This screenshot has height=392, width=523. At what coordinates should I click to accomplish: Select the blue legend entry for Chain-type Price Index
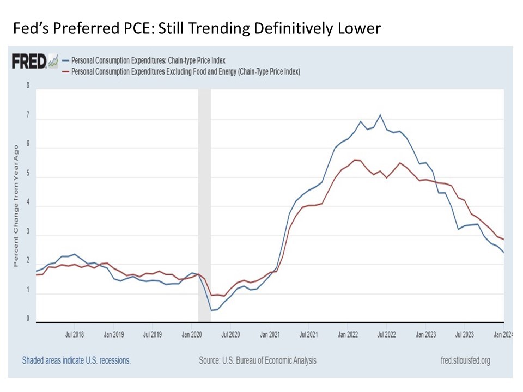144,60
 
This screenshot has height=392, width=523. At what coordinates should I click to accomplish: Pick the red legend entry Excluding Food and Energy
182,71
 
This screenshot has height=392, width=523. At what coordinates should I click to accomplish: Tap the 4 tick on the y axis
27,206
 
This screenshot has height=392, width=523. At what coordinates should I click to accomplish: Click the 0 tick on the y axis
27,320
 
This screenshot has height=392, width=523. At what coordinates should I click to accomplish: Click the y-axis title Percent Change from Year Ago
16,204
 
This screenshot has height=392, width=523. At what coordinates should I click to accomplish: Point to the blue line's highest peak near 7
380,115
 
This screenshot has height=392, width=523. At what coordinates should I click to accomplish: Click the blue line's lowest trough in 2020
211,310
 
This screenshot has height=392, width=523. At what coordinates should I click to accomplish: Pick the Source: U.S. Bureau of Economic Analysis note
257,360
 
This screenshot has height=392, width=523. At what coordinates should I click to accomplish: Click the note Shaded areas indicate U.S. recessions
76,360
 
